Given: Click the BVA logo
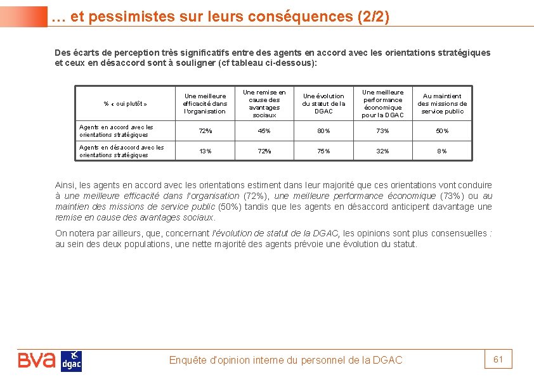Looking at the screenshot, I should click(37, 361).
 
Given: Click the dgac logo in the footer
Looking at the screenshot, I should click(71, 361).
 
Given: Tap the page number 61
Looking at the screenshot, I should click(498, 360).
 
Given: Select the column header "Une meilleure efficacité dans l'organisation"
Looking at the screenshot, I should click(204, 104).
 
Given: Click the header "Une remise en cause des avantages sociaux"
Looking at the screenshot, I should click(264, 104).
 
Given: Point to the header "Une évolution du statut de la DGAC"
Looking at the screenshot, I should click(323, 104).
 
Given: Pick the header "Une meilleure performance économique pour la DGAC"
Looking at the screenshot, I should click(383, 104).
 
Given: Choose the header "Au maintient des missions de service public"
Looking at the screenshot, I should click(442, 104).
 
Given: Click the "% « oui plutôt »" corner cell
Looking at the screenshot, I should click(125, 104).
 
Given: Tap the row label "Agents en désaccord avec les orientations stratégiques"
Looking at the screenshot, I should click(121, 151).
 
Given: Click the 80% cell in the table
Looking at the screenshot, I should click(323, 131).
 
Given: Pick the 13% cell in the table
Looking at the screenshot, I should click(205, 151).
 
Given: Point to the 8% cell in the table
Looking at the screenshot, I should click(442, 151).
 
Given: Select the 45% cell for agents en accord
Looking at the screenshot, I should click(264, 131).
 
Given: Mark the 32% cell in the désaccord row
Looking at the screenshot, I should click(383, 151).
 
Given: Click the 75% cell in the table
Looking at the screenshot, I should click(323, 151).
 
